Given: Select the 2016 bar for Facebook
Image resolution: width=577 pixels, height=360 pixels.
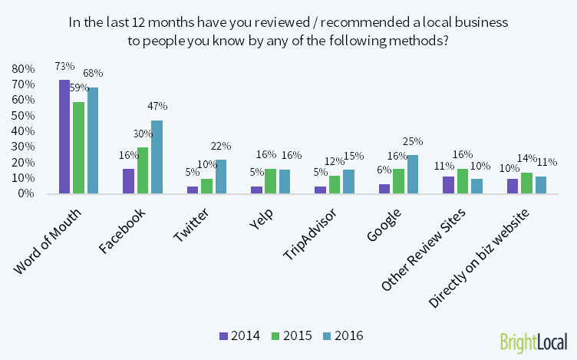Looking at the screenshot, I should click(157, 157).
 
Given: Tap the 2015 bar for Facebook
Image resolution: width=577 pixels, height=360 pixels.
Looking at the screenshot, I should click(143, 170).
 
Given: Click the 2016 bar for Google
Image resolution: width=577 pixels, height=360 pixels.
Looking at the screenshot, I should click(413, 174).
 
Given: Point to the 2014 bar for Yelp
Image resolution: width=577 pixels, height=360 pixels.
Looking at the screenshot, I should click(257, 189).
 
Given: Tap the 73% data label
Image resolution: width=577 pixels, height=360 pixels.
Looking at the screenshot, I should click(64, 67).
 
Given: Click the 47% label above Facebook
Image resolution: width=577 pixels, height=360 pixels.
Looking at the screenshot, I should click(157, 106).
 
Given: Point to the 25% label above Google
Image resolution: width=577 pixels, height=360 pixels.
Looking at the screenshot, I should click(413, 141).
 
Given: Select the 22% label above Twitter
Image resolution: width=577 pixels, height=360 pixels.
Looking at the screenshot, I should click(221, 146).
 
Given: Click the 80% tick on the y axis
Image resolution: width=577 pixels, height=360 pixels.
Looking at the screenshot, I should click(23, 68).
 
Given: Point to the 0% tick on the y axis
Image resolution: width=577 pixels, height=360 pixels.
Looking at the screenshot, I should click(25, 193).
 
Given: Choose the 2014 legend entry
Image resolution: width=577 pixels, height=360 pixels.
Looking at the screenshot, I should click(240, 335).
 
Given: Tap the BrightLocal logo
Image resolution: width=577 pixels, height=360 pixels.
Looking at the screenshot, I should click(533, 342).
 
